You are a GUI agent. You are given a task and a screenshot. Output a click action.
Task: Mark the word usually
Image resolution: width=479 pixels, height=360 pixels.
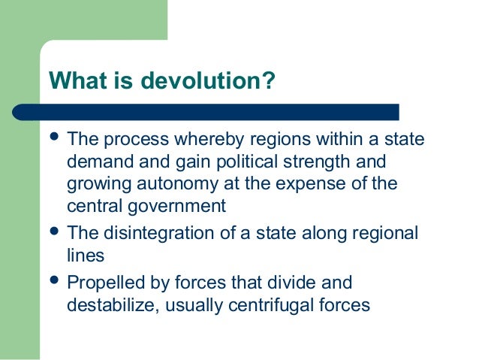coord(203,305)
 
